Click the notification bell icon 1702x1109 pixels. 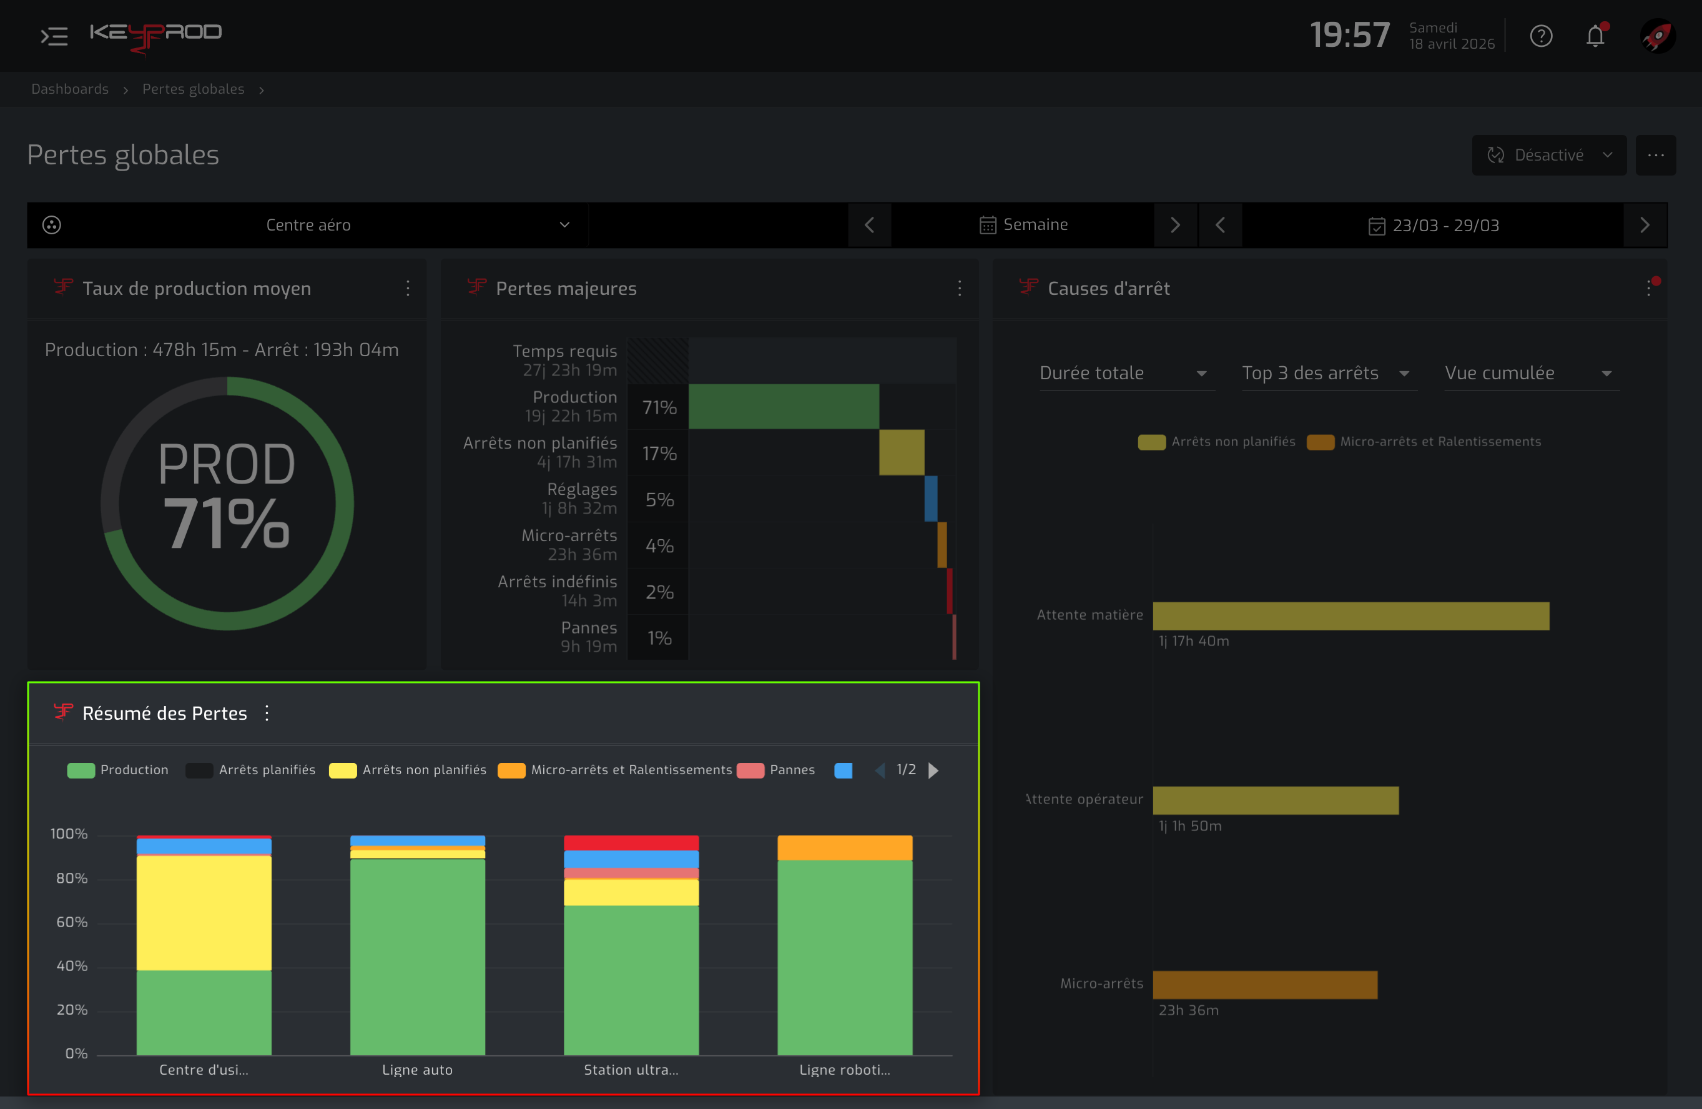pyautogui.click(x=1595, y=35)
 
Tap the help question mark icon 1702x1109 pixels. pyautogui.click(x=1541, y=36)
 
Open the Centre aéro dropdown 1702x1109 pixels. pyautogui.click(x=308, y=226)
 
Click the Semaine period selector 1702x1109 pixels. pyautogui.click(x=1023, y=225)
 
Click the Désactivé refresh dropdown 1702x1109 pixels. pyautogui.click(x=1549, y=155)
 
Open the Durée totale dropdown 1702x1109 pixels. pyautogui.click(x=1127, y=373)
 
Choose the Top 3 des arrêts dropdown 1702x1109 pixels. pyautogui.click(x=1329, y=373)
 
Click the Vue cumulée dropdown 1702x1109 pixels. pyautogui.click(x=1532, y=373)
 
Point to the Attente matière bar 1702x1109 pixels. pyautogui.click(x=1351, y=616)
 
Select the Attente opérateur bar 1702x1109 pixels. pyautogui.click(x=1276, y=800)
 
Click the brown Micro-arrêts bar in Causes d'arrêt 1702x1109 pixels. pyautogui.click(x=1265, y=985)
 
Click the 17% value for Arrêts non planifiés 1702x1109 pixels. pyautogui.click(x=659, y=454)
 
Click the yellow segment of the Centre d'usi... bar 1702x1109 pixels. pyautogui.click(x=204, y=913)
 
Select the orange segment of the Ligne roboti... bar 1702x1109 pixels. pyautogui.click(x=845, y=848)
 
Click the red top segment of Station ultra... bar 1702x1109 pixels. pyautogui.click(x=631, y=843)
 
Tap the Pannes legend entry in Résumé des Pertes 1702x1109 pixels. pyautogui.click(x=776, y=770)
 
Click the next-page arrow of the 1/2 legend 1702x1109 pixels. pyautogui.click(x=933, y=770)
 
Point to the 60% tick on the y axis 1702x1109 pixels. pyautogui.click(x=72, y=922)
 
